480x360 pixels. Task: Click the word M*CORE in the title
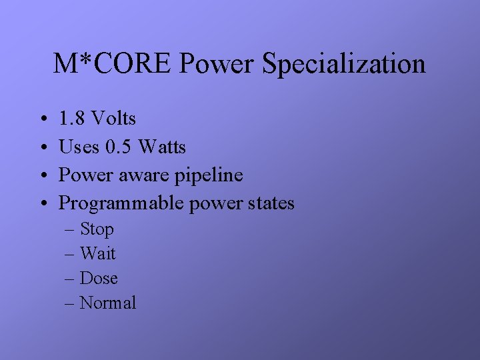pos(113,64)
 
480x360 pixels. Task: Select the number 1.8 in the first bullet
pos(72,119)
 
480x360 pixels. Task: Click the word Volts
pos(113,119)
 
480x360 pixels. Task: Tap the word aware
pos(146,175)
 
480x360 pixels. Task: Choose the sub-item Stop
pos(97,230)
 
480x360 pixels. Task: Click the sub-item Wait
pos(97,253)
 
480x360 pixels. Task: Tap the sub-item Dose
pos(99,278)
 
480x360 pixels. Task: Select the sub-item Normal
pos(108,303)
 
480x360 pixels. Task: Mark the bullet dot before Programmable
pos(42,204)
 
